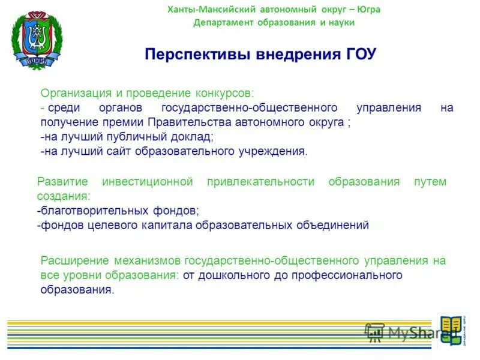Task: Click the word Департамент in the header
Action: (x=221, y=23)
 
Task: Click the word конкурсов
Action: (x=224, y=94)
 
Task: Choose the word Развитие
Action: (x=62, y=182)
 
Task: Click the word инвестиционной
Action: (x=147, y=182)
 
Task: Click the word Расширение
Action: (x=74, y=261)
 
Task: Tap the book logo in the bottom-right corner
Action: (x=451, y=330)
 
